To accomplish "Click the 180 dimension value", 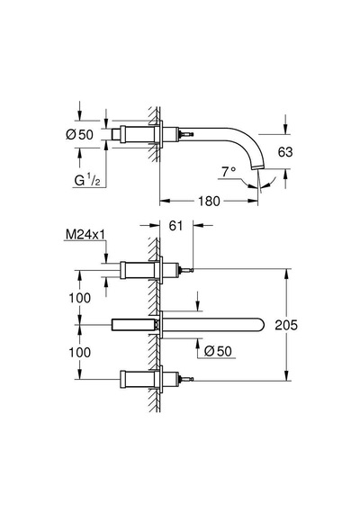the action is pos(209,201).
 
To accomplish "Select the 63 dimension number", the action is pos(285,152).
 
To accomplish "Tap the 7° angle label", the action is pos(229,171).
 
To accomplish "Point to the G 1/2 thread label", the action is pos(87,180).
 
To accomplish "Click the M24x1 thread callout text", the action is pos(85,234).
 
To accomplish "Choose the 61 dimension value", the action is pos(175,225).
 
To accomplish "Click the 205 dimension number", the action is pos(286,325).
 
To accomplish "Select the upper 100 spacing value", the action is pos(79,298).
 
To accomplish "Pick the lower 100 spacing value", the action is pos(79,353).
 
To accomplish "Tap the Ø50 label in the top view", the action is pos(79,134).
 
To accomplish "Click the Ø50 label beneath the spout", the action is pos(218,351).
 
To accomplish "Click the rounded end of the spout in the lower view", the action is pos(259,325).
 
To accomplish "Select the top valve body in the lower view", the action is pos(137,270).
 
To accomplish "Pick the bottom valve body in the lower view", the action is pos(137,380).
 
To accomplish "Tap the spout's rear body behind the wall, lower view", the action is pos(133,325).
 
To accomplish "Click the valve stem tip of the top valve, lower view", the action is pos(192,270).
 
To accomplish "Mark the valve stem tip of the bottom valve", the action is pos(192,379).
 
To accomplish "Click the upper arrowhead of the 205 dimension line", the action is pos(287,274).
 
